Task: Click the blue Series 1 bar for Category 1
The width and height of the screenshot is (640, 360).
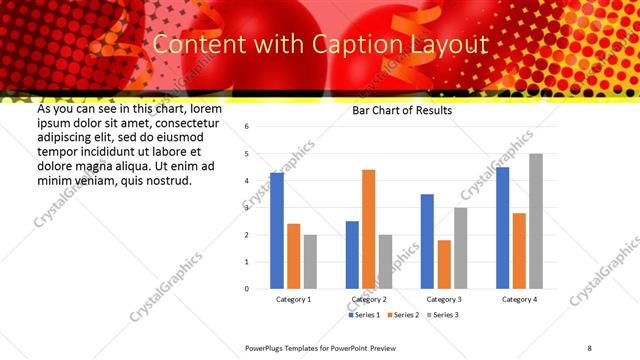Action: click(277, 231)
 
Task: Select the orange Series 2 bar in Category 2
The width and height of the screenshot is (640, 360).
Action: click(369, 229)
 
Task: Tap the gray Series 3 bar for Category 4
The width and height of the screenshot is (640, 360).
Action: click(536, 221)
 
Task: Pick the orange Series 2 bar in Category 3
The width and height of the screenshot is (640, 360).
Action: click(444, 264)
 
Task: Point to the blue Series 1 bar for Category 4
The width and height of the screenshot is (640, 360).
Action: click(502, 228)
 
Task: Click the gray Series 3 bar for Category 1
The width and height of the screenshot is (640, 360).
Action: click(310, 261)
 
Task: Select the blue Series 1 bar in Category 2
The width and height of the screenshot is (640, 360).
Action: click(352, 255)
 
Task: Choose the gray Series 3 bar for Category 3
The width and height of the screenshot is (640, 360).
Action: click(460, 248)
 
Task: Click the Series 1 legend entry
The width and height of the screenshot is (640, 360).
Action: click(364, 315)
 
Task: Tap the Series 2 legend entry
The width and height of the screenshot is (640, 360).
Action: click(404, 315)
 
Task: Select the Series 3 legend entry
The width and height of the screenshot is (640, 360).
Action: click(444, 315)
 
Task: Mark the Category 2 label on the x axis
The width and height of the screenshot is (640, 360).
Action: click(369, 299)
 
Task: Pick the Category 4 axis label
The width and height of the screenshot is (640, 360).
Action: click(519, 299)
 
